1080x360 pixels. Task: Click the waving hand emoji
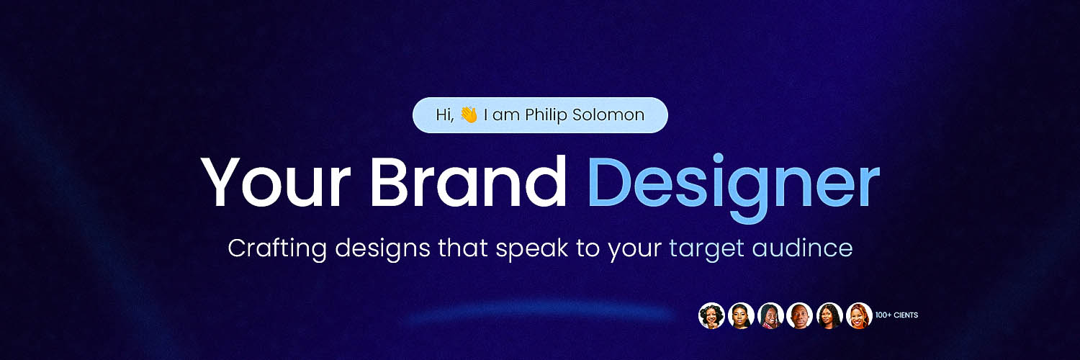(469, 114)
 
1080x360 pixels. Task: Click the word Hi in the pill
(444, 114)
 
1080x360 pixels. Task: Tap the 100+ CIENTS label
(896, 315)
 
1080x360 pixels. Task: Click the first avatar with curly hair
(711, 315)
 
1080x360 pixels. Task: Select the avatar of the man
(799, 315)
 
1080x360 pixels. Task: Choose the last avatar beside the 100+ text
(859, 315)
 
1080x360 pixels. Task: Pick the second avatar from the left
(741, 315)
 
